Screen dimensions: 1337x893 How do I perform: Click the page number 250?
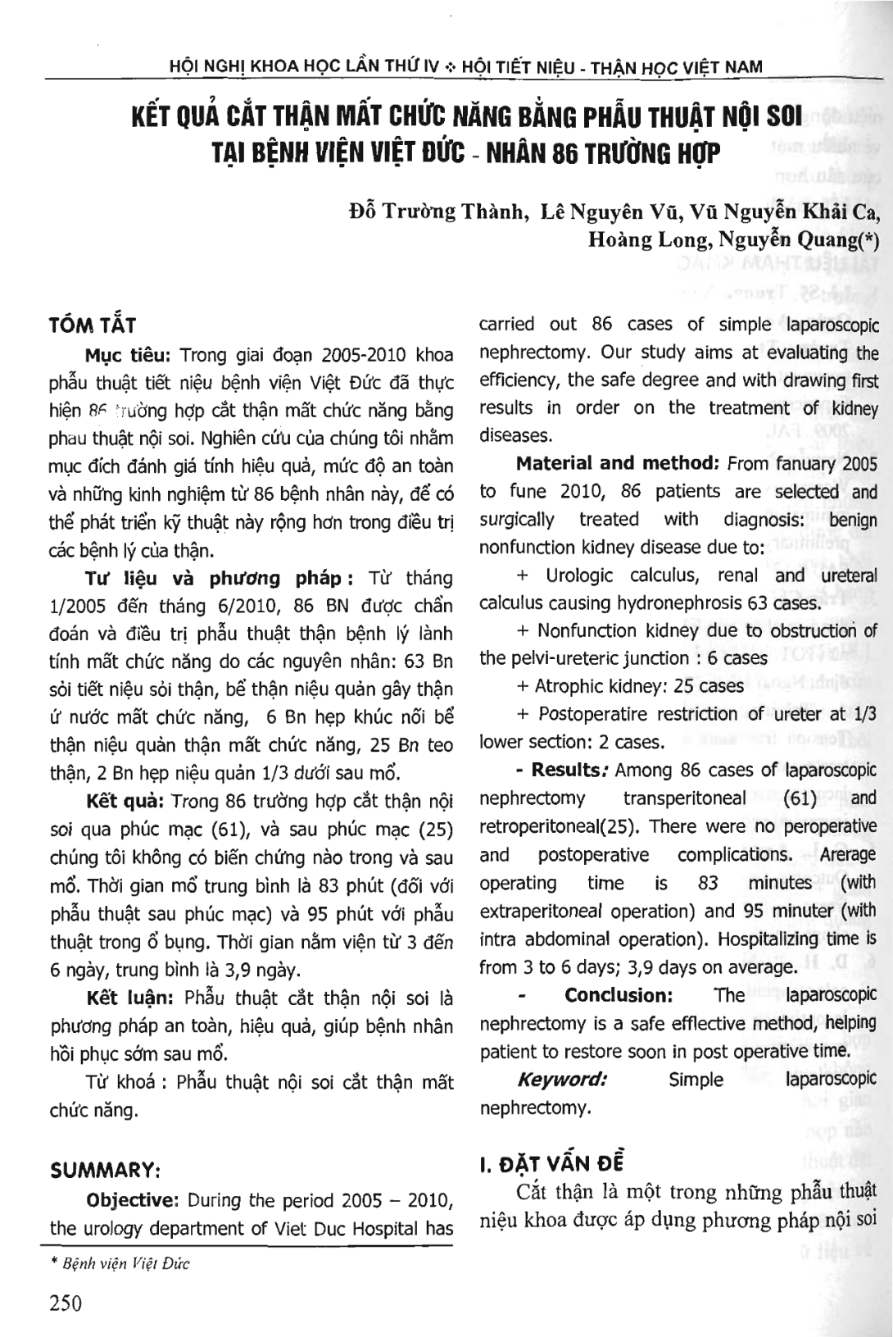(x=66, y=1303)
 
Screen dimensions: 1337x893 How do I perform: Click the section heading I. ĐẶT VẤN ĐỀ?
(x=551, y=1163)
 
